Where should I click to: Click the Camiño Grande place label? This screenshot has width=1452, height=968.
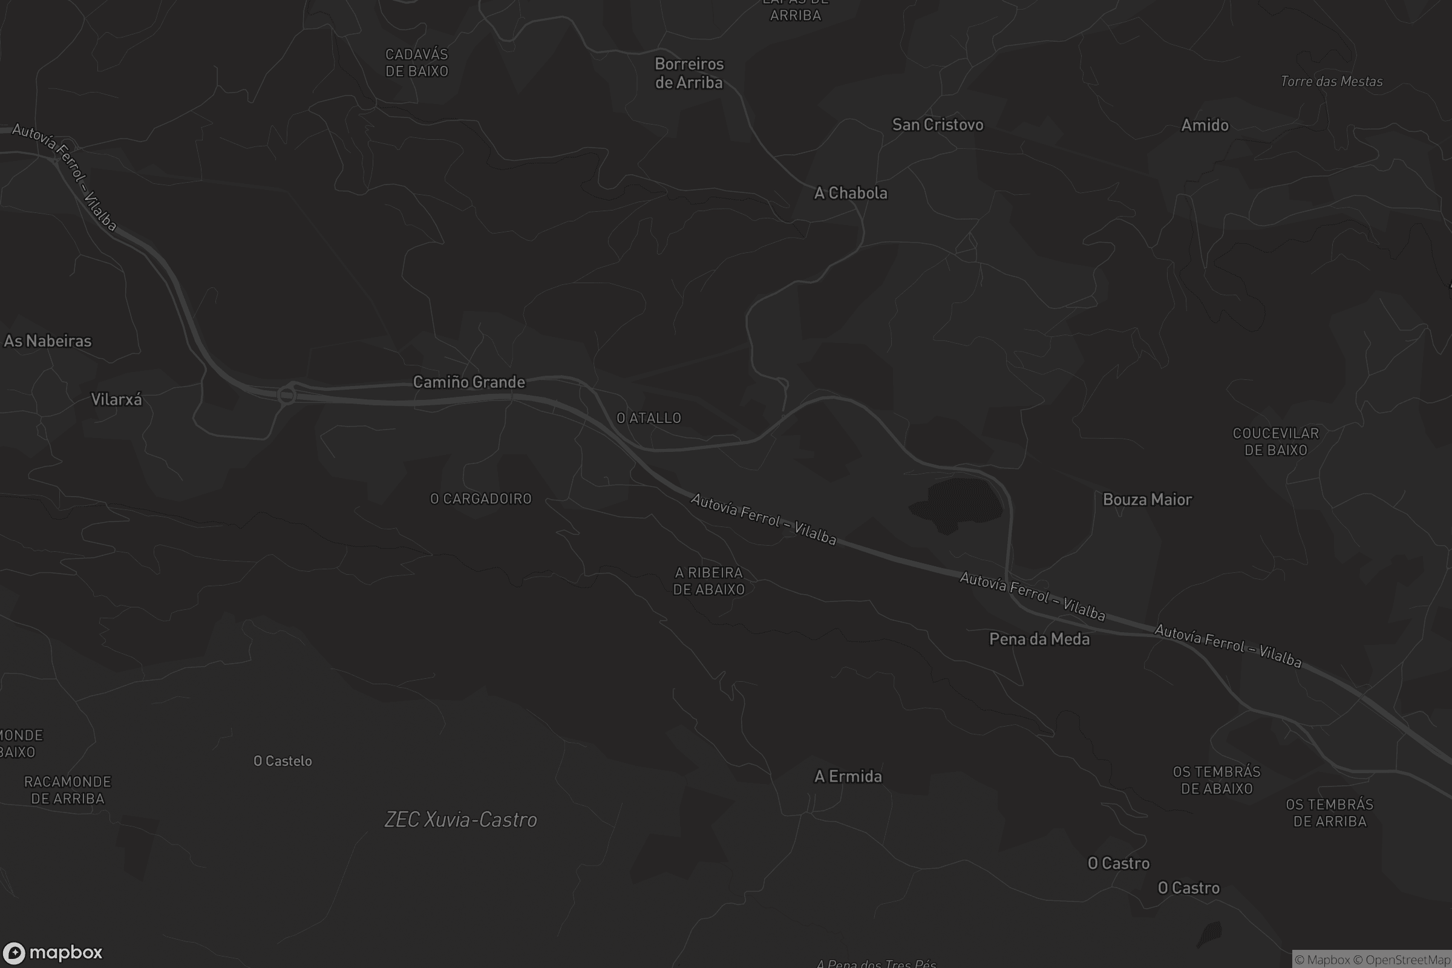(468, 382)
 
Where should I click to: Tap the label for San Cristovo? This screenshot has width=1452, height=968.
(937, 125)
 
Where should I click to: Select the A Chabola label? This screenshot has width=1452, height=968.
(850, 193)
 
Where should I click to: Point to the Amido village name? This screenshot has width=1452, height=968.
(1205, 125)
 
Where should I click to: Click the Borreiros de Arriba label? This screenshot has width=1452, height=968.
(688, 73)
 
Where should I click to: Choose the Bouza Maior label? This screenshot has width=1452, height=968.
(1147, 500)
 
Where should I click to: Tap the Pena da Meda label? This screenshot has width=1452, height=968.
(1039, 639)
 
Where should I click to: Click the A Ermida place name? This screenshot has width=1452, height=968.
(848, 777)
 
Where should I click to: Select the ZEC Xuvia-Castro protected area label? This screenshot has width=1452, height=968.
(460, 820)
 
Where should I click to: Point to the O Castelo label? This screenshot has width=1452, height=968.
(283, 761)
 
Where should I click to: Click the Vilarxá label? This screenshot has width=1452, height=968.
(116, 399)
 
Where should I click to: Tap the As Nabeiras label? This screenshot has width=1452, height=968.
(48, 341)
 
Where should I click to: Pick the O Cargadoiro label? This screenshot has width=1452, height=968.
(480, 499)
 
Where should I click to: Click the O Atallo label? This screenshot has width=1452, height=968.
(649, 418)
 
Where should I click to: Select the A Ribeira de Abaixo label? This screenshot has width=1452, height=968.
(708, 581)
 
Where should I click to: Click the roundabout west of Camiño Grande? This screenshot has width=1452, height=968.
(286, 395)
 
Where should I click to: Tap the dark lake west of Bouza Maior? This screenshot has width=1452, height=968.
(959, 503)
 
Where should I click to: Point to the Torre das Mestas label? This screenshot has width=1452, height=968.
(1331, 82)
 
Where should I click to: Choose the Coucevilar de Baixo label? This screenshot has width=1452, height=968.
(1275, 442)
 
